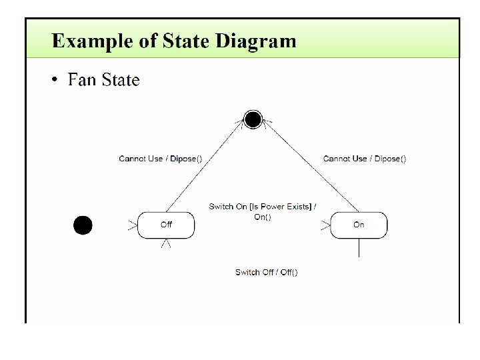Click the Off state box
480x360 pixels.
[166, 225]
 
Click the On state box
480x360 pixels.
[359, 225]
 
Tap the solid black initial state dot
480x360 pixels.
[82, 225]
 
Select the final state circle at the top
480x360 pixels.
[253, 119]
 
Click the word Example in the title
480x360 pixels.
[85, 41]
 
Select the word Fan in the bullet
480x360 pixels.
[82, 81]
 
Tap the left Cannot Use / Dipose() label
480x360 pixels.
[160, 159]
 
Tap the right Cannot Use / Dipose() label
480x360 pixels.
[364, 159]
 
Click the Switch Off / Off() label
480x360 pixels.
[266, 272]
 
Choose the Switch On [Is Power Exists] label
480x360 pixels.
[262, 207]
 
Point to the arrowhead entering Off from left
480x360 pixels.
[132, 225]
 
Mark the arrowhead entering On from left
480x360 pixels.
[325, 225]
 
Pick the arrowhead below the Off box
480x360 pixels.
[167, 244]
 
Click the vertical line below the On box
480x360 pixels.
[359, 247]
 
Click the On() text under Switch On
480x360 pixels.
[263, 217]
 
